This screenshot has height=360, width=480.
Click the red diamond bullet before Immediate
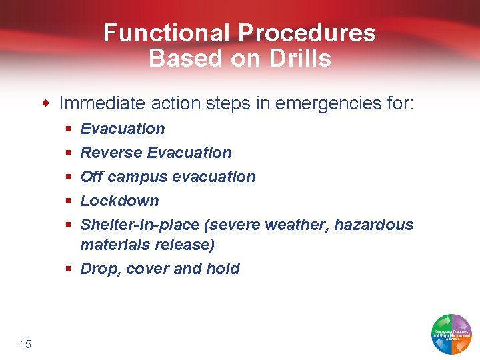coord(46,103)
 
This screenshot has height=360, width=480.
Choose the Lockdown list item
coord(119,201)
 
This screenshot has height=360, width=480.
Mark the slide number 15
coord(25,344)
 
